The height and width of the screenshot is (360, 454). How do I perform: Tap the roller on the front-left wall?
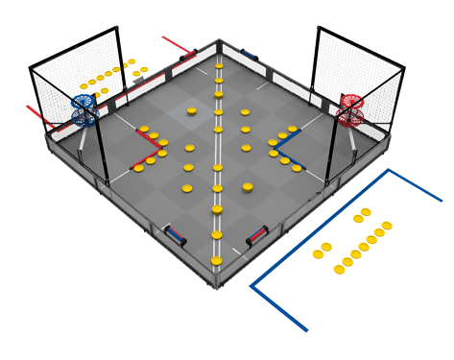point(176,233)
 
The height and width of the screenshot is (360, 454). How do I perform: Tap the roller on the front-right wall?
point(258,233)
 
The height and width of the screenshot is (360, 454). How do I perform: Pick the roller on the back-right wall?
point(251,55)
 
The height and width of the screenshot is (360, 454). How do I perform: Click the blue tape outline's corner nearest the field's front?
point(252,285)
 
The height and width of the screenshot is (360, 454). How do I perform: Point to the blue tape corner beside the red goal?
point(388,172)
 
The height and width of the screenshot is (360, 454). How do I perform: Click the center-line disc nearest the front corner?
point(217,232)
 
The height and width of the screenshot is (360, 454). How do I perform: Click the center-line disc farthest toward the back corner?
point(219,66)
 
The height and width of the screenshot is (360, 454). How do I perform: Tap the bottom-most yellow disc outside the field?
point(338,269)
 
